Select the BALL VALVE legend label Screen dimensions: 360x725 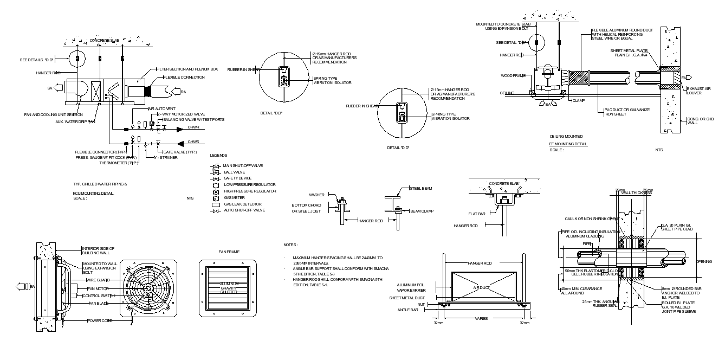click(x=234, y=172)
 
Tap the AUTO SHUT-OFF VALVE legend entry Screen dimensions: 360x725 click(x=244, y=210)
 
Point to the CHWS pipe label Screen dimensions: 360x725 click(x=193, y=142)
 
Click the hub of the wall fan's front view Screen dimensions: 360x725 click(x=148, y=288)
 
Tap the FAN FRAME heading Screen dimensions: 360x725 click(x=229, y=252)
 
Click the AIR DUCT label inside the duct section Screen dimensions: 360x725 click(x=481, y=287)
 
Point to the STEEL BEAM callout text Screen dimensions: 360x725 click(x=420, y=189)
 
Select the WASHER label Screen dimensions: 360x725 click(x=317, y=195)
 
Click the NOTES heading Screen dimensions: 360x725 click(x=290, y=245)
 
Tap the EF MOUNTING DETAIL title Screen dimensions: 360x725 click(x=568, y=144)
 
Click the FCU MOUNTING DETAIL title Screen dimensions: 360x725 click(x=93, y=193)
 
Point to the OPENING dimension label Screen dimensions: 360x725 click(x=704, y=262)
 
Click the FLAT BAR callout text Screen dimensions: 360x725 click(x=477, y=214)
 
